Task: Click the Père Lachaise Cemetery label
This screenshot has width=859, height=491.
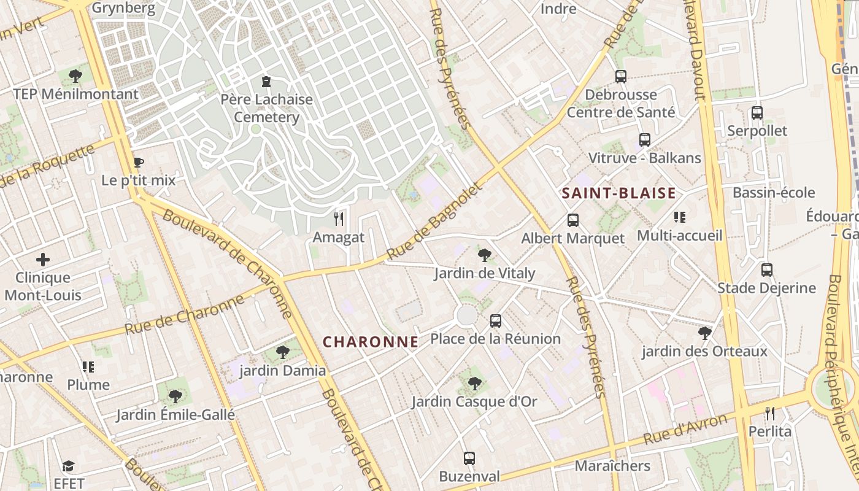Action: [x=266, y=108]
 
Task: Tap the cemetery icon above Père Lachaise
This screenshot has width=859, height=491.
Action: [x=266, y=82]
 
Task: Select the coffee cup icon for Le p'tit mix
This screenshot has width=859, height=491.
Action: [x=139, y=163]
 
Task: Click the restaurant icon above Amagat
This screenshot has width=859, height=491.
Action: [x=338, y=218]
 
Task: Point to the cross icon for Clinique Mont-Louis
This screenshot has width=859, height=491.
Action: [x=43, y=259]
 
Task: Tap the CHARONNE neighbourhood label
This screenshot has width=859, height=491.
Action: [x=371, y=342]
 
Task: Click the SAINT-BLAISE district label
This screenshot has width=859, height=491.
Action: [x=618, y=193]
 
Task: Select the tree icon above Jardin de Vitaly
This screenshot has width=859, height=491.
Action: [x=485, y=255]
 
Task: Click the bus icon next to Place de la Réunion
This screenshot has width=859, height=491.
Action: [x=495, y=320]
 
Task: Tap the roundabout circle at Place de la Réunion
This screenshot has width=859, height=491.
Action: [x=467, y=315]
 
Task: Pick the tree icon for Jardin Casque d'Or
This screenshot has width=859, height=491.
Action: [x=474, y=384]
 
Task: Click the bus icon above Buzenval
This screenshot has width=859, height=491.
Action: [x=469, y=458]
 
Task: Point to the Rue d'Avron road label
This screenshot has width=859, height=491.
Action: [x=685, y=429]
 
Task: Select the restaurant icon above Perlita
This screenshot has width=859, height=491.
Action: [x=770, y=413]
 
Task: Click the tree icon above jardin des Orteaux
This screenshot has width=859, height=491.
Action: [x=705, y=333]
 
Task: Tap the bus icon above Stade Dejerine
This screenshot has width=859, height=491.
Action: [x=766, y=269]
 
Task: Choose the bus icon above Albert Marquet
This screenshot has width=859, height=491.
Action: [x=573, y=220]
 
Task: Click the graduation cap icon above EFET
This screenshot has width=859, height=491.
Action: [x=68, y=466]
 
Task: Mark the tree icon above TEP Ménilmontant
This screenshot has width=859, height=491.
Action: [x=76, y=76]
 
